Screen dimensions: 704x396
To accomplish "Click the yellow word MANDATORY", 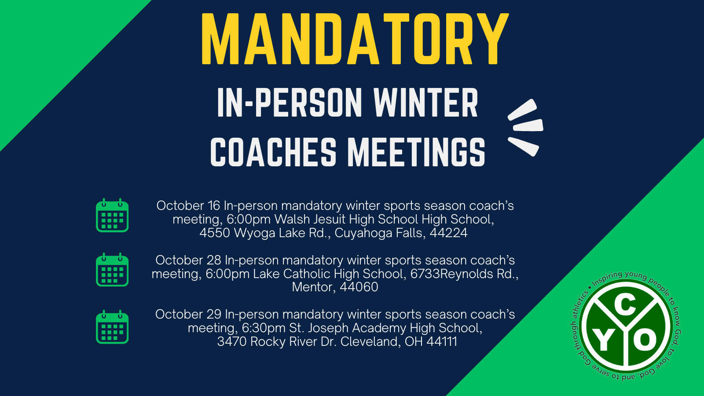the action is tap(355, 39).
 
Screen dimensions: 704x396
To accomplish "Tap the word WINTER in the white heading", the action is tap(426, 103).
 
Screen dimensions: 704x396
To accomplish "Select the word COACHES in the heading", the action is tap(273, 152).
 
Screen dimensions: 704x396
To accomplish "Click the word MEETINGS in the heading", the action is tap(416, 152).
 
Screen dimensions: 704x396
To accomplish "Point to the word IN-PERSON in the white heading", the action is tap(290, 103).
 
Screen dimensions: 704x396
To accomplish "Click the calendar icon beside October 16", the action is tap(112, 215).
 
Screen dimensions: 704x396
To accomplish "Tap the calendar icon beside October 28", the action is tap(112, 270).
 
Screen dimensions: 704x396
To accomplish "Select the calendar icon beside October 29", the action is tap(112, 327).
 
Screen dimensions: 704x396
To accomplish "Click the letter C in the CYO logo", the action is tap(625, 306).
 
